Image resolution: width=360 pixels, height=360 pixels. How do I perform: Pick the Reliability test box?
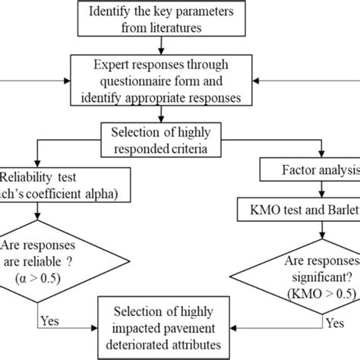click(46, 182)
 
